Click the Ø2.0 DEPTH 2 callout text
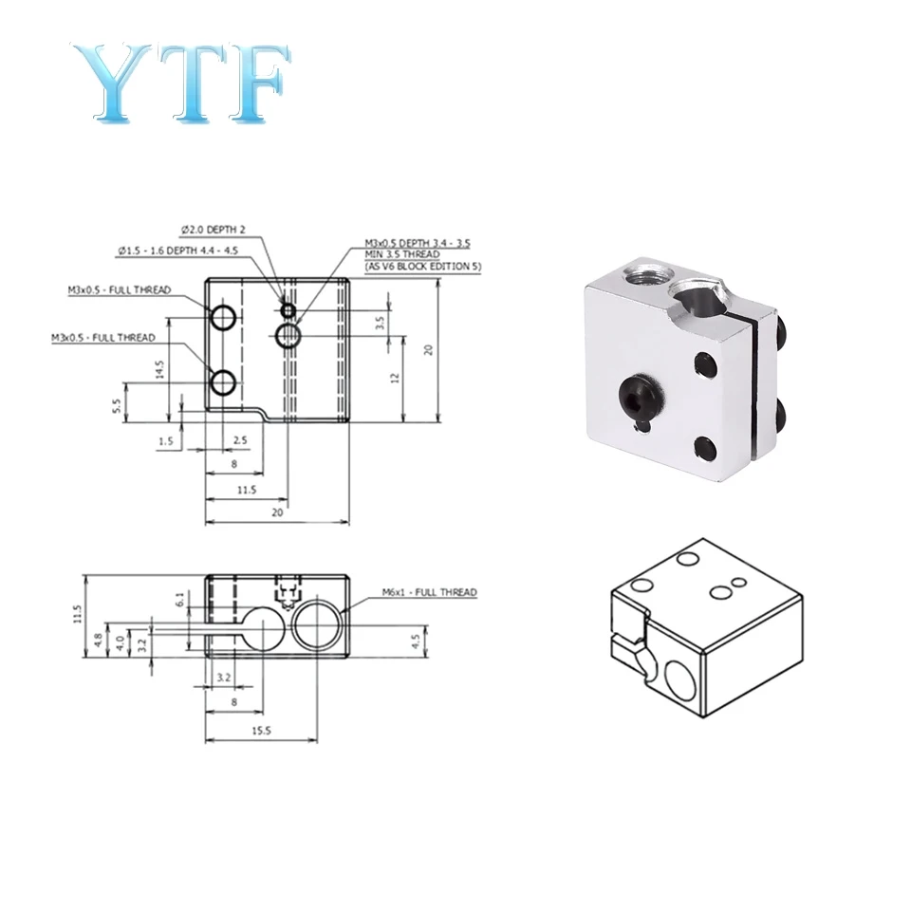[x=213, y=230]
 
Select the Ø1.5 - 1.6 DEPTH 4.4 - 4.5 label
[x=177, y=251]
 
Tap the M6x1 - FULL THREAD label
[x=429, y=592]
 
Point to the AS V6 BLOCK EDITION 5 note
[x=423, y=267]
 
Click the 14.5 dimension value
[x=159, y=369]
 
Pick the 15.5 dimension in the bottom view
[x=262, y=731]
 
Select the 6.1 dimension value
[x=180, y=599]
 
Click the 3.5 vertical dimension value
[x=380, y=323]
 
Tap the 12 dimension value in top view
[x=395, y=378]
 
